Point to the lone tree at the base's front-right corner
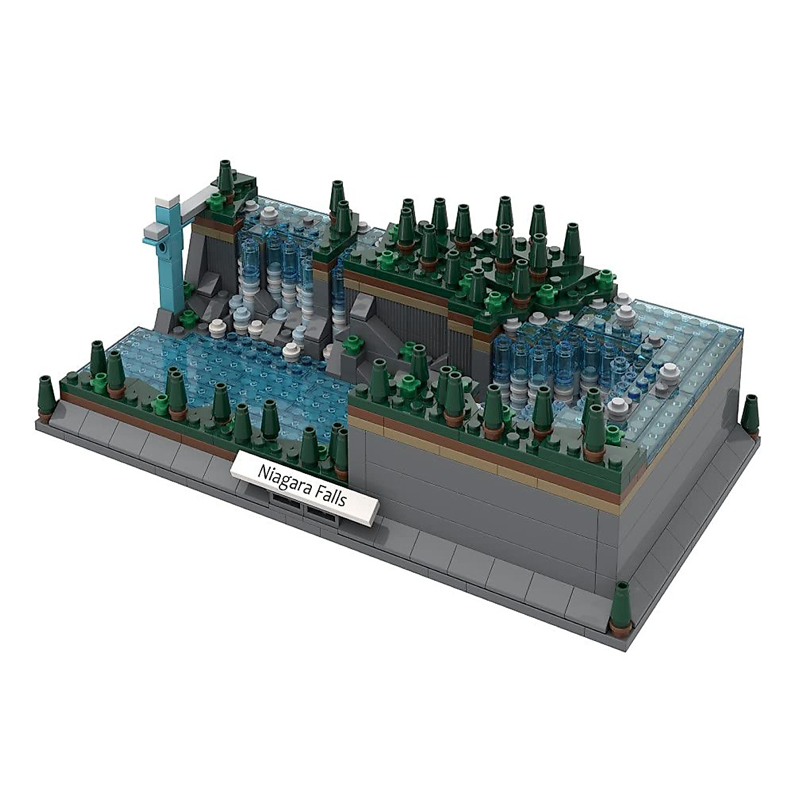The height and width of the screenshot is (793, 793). tap(620, 607)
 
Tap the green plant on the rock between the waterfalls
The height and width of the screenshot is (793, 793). tap(352, 344)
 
